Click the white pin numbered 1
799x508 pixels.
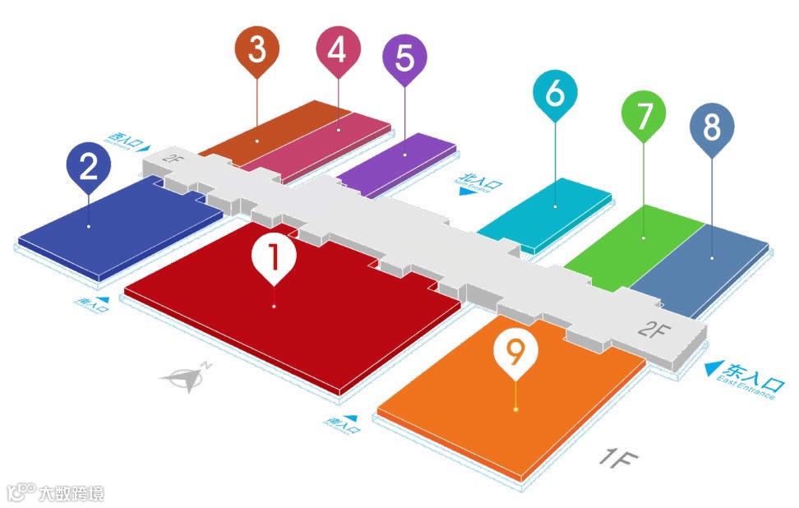tap(275, 256)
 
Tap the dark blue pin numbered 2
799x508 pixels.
tap(89, 167)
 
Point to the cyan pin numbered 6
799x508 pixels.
tap(555, 95)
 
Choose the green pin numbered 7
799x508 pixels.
tap(644, 116)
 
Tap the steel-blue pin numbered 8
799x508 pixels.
tap(712, 128)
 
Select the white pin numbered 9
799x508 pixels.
tap(515, 353)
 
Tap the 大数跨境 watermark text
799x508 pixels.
tap(72, 493)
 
